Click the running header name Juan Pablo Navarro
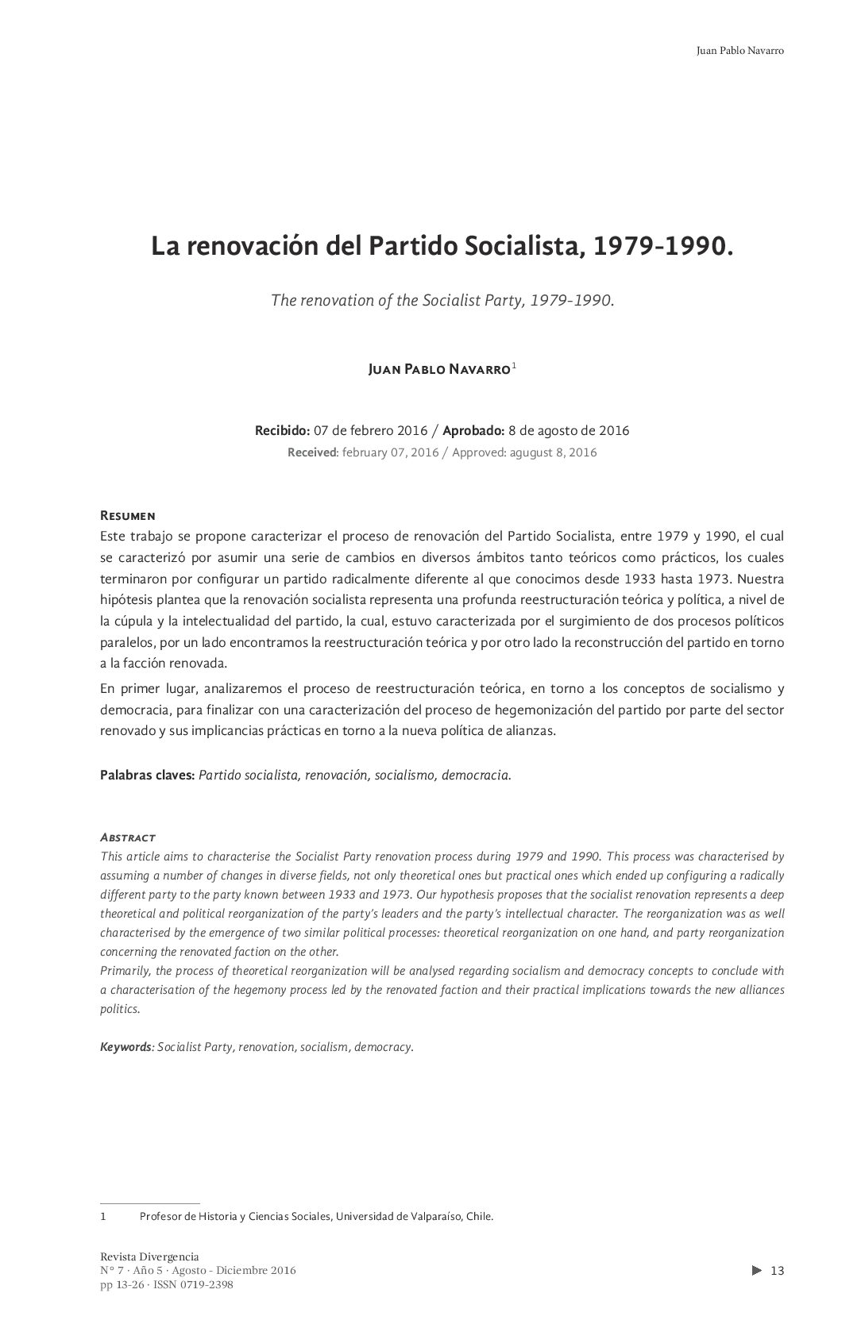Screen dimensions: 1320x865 pos(739,51)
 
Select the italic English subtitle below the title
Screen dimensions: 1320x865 pos(442,301)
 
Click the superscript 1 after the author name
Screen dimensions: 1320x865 pos(515,366)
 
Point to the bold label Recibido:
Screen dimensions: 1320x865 pos(282,431)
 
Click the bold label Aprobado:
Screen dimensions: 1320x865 pos(473,431)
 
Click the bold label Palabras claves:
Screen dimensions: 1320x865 pos(147,775)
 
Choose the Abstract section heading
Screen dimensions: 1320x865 pos(127,837)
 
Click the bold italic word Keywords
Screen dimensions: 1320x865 pos(126,1047)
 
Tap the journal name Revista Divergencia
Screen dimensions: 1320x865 pos(149,1257)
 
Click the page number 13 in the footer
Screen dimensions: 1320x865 pos(777,1271)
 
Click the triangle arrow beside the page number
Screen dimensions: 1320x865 pos(756,1271)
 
